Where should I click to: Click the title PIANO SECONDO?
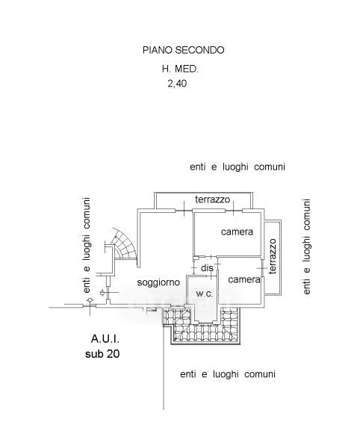[x=183, y=50]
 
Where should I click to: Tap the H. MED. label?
[x=180, y=69]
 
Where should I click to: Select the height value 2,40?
[x=177, y=84]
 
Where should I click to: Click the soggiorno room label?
[x=158, y=282]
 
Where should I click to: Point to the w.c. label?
[x=205, y=294]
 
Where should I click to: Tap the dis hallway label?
[x=207, y=268]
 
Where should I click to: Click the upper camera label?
[x=237, y=232]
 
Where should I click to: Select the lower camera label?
[x=244, y=279]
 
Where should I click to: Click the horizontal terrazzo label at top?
[x=212, y=199]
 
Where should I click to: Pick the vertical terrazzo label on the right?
[x=273, y=256]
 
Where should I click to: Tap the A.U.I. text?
[x=105, y=338]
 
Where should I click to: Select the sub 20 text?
[x=102, y=353]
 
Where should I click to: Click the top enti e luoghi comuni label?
[x=238, y=167]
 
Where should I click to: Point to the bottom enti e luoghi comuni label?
[x=228, y=374]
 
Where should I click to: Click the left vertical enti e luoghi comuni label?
[x=87, y=245]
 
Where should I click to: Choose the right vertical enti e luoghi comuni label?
[x=306, y=246]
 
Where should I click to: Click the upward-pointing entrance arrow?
[x=90, y=300]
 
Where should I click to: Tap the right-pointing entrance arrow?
[x=102, y=293]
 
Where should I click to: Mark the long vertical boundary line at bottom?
[x=164, y=367]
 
